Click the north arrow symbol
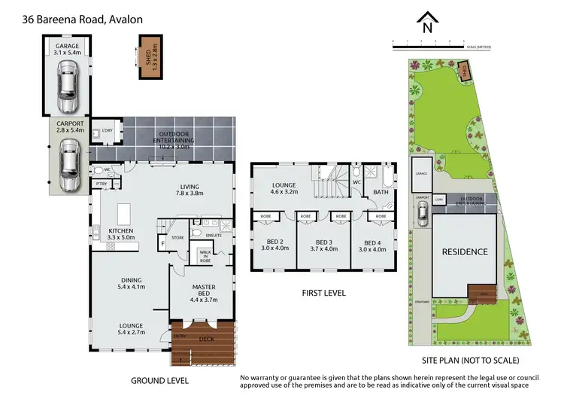click(x=427, y=24)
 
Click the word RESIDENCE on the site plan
click(x=464, y=251)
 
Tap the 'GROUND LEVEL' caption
click(x=159, y=381)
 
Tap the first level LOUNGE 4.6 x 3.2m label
click(x=286, y=188)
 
